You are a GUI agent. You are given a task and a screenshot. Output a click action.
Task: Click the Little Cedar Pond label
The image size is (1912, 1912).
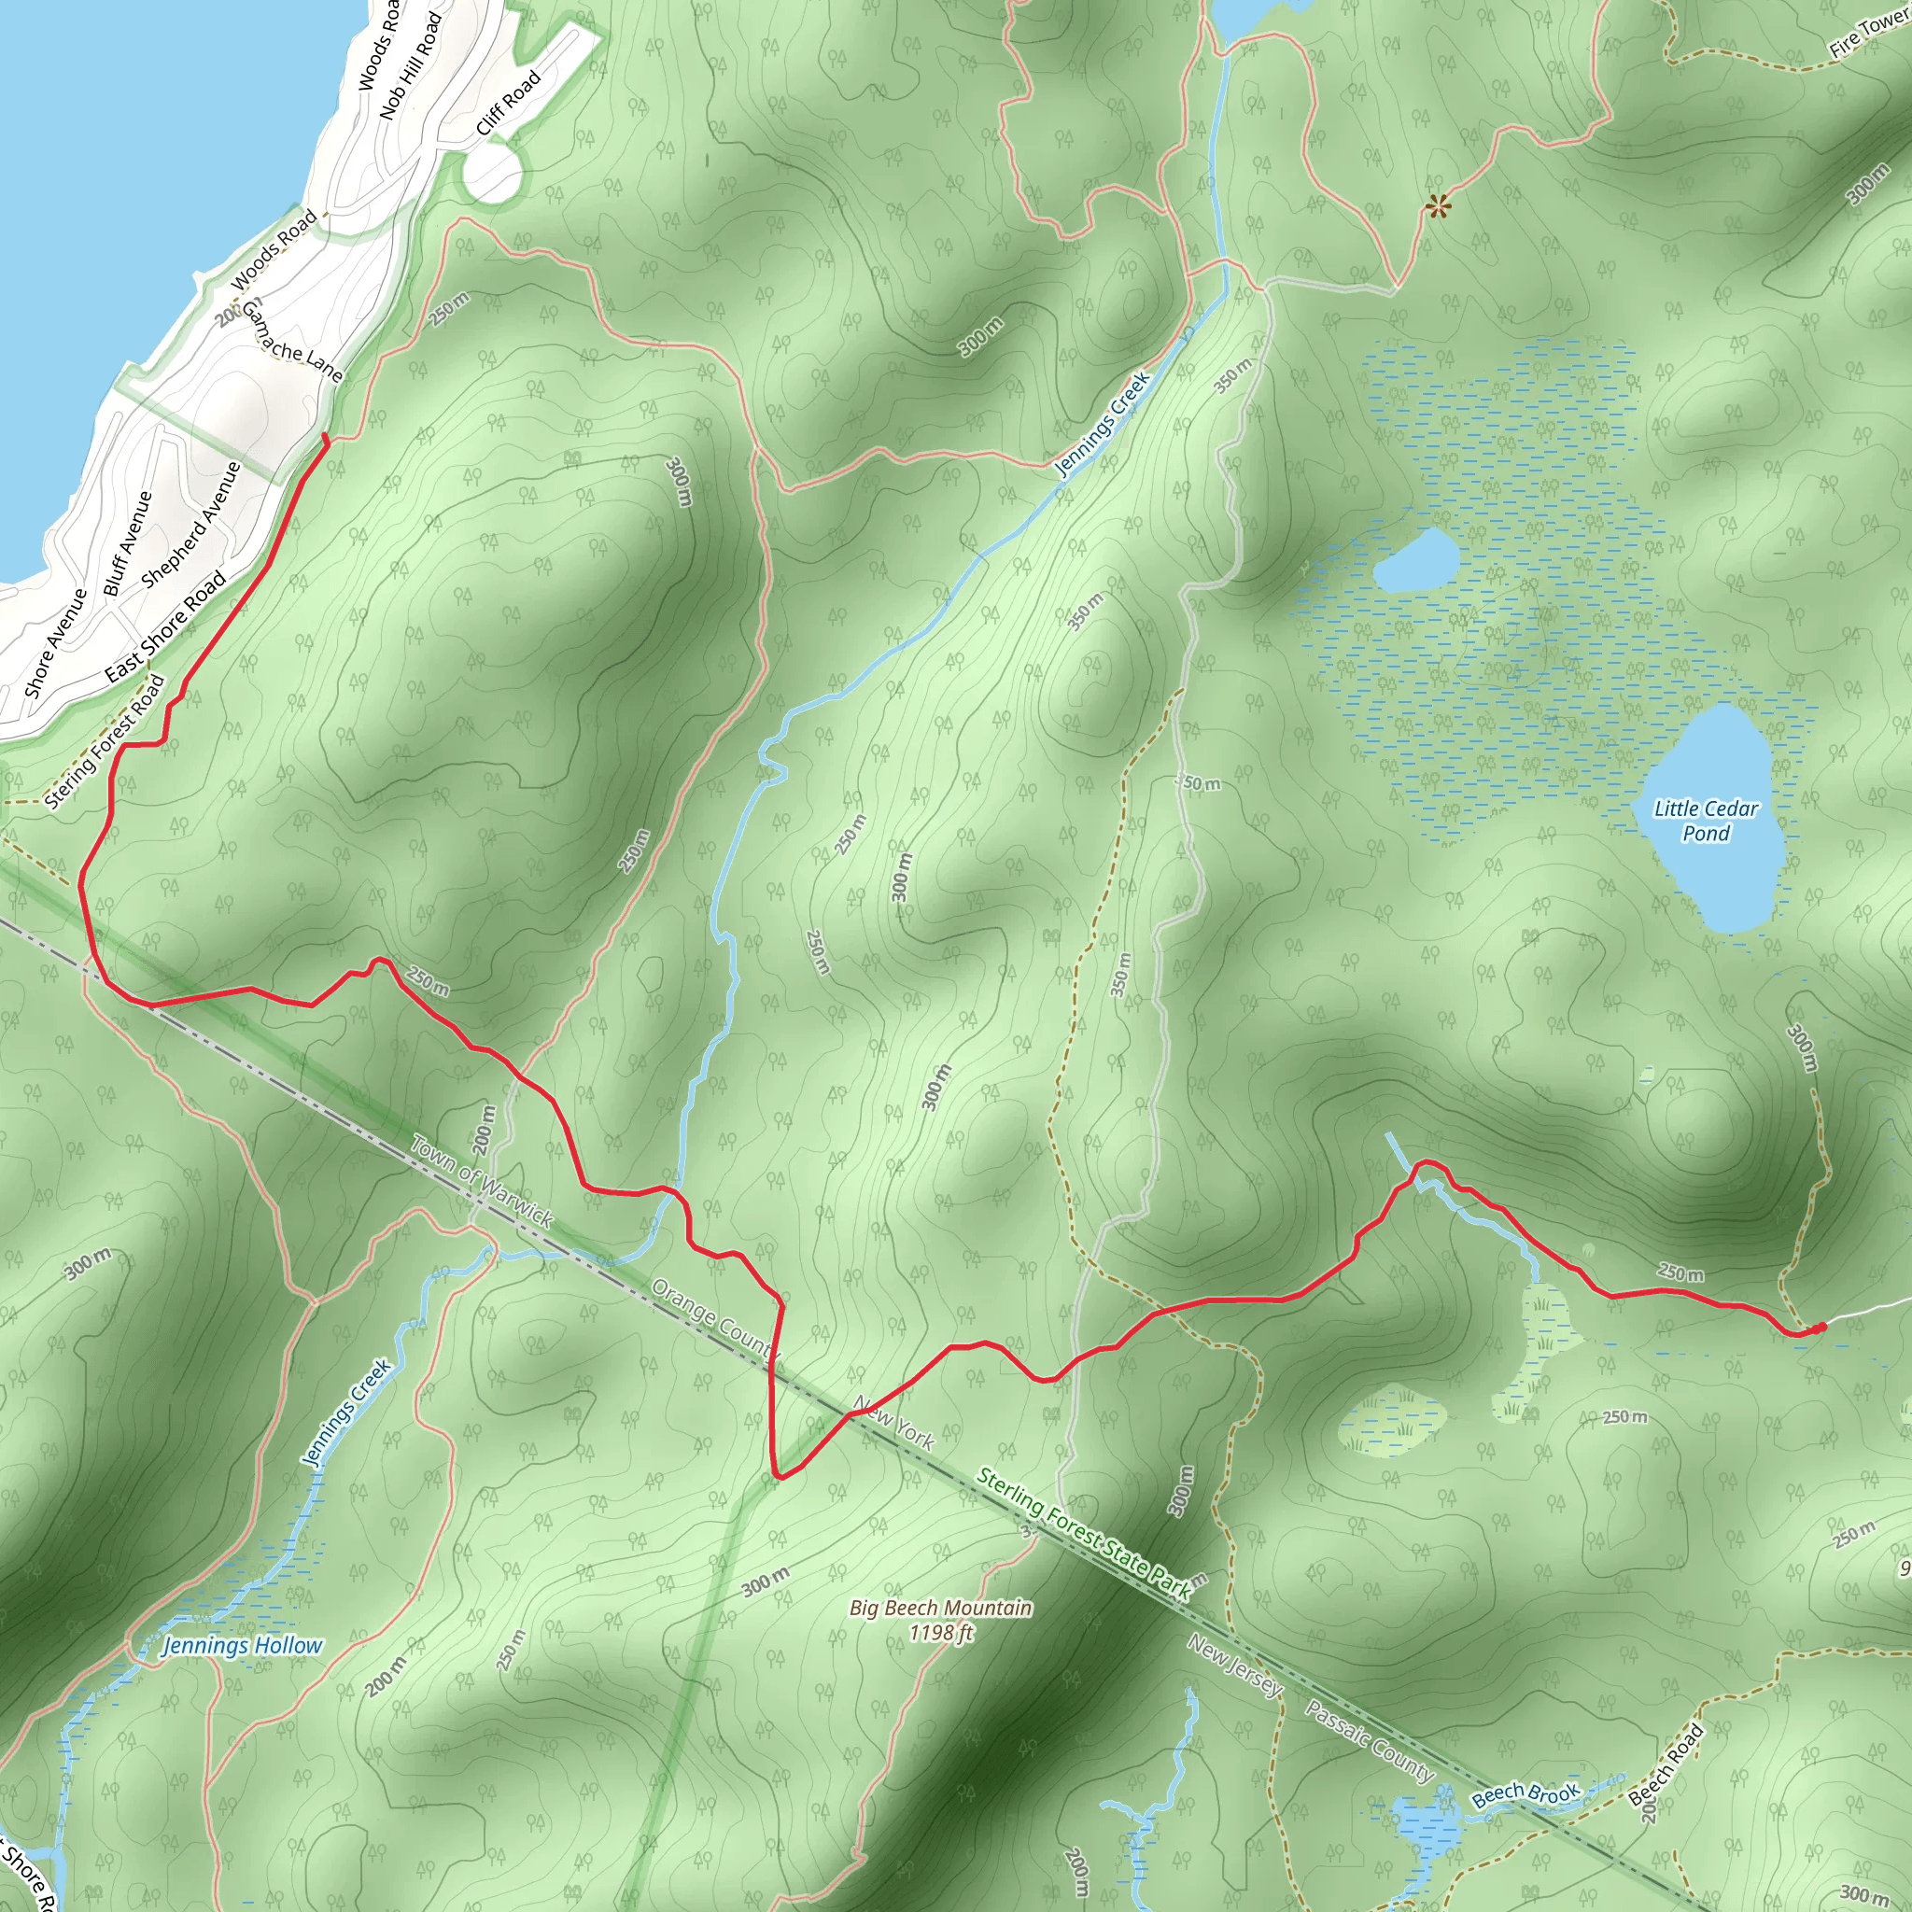(1707, 822)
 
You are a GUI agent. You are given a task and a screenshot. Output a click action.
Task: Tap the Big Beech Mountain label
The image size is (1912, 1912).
(940, 1609)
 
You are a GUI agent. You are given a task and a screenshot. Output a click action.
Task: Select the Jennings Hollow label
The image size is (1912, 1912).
(243, 1646)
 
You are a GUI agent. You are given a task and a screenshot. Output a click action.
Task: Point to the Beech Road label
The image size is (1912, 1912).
(1666, 1764)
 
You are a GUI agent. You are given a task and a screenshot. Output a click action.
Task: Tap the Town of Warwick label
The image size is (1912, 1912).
(481, 1183)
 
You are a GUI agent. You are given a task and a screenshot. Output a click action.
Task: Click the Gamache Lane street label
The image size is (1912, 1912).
(293, 343)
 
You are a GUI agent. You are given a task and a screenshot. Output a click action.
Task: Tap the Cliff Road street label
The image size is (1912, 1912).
(509, 103)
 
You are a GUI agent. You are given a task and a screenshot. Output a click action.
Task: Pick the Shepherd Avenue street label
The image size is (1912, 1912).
(191, 526)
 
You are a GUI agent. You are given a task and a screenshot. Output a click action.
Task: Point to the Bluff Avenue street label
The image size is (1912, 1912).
(128, 544)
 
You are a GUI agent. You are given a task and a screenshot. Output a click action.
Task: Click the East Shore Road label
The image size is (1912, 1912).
(165, 627)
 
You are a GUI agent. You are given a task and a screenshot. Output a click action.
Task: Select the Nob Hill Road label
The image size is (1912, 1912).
(410, 65)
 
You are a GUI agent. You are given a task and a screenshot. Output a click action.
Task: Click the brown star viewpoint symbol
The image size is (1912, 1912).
(1438, 207)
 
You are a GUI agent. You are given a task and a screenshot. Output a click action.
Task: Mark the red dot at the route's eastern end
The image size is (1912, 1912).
(1821, 1329)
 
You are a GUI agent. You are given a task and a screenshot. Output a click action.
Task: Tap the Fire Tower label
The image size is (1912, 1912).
(1868, 34)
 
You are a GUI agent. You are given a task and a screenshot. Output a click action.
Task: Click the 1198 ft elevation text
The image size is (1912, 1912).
(941, 1633)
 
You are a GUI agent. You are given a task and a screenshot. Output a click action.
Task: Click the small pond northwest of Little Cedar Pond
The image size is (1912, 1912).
(1415, 560)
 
